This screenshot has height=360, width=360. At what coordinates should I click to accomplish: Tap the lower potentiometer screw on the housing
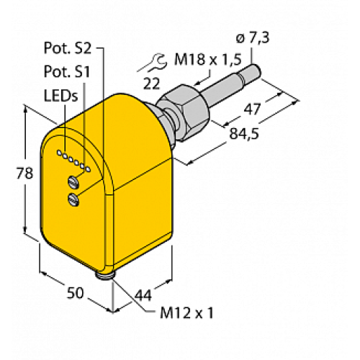point(73,198)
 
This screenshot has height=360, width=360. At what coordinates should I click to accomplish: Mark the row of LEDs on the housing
point(74,162)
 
